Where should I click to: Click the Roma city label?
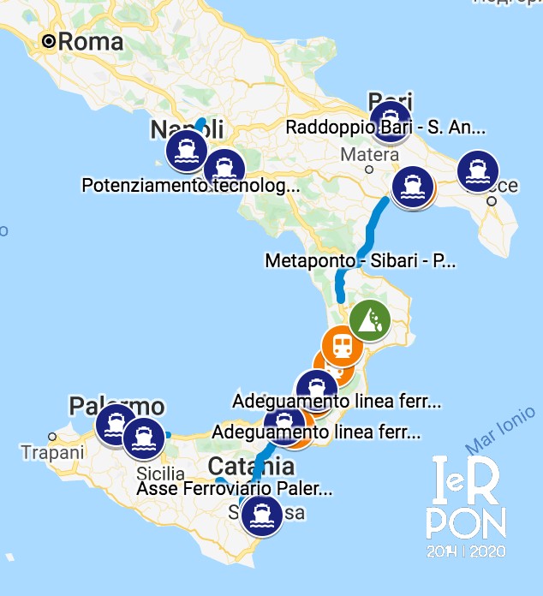coord(90,41)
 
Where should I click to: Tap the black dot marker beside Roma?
coord(51,40)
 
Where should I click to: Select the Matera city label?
coord(369,155)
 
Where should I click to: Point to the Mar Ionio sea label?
coord(500,435)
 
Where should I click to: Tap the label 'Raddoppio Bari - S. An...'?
coord(386,128)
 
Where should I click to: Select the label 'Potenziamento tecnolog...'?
coord(191,185)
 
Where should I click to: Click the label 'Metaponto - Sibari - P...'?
coord(361,260)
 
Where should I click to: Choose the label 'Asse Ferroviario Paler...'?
coord(234,489)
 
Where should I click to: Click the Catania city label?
coord(252,468)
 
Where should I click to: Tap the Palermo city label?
coord(116,405)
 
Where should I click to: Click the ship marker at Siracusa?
coord(260,516)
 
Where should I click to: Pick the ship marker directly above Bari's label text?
coord(390,119)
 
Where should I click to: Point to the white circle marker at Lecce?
coord(492,202)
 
